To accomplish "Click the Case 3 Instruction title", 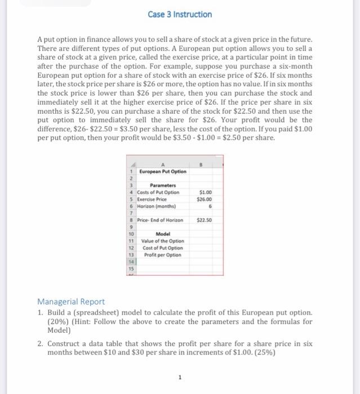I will coord(180,14).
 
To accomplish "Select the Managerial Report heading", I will coord(71,302).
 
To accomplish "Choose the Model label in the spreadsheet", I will coord(162,234).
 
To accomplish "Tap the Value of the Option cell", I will coord(162,241).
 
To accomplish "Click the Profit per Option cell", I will coord(162,255).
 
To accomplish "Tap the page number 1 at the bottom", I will coord(180,378).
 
